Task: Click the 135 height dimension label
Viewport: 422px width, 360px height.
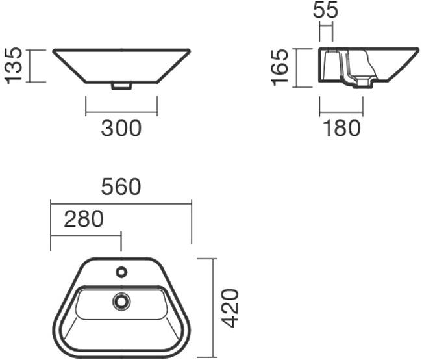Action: point(14,65)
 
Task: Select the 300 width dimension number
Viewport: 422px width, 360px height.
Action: point(121,128)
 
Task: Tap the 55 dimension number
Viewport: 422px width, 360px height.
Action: point(325,10)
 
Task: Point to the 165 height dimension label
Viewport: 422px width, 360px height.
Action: point(280,67)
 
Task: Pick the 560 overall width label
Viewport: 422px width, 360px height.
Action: point(121,186)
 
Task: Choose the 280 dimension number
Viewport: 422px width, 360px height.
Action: point(84,220)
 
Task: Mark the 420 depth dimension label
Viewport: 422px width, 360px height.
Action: point(230,307)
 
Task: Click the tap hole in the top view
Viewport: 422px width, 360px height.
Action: point(121,272)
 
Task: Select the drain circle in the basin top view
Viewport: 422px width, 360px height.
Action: point(121,301)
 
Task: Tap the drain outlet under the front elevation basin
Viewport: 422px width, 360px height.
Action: point(121,86)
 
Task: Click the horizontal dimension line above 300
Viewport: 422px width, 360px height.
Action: point(121,112)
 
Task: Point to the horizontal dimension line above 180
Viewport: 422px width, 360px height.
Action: point(341,112)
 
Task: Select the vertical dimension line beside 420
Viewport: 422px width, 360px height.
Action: point(215,307)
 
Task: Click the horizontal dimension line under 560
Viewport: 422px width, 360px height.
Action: point(121,203)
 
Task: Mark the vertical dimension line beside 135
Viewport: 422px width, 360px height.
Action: point(29,66)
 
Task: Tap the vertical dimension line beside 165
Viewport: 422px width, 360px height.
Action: point(297,68)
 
